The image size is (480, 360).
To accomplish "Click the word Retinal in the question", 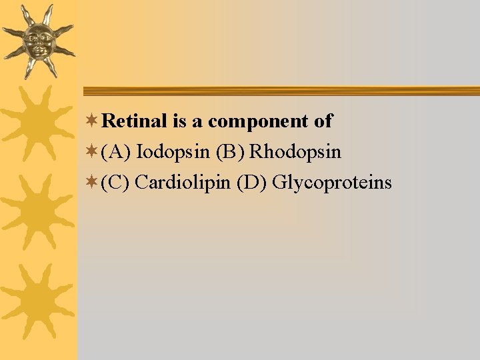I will [x=135, y=121].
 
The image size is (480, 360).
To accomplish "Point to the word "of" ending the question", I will [x=323, y=121].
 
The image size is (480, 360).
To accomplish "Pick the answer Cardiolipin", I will [x=183, y=182].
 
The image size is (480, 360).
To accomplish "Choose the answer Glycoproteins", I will [x=332, y=182].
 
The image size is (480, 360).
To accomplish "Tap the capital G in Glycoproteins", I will [x=280, y=182].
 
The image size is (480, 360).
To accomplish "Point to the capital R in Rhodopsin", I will [x=256, y=152].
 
